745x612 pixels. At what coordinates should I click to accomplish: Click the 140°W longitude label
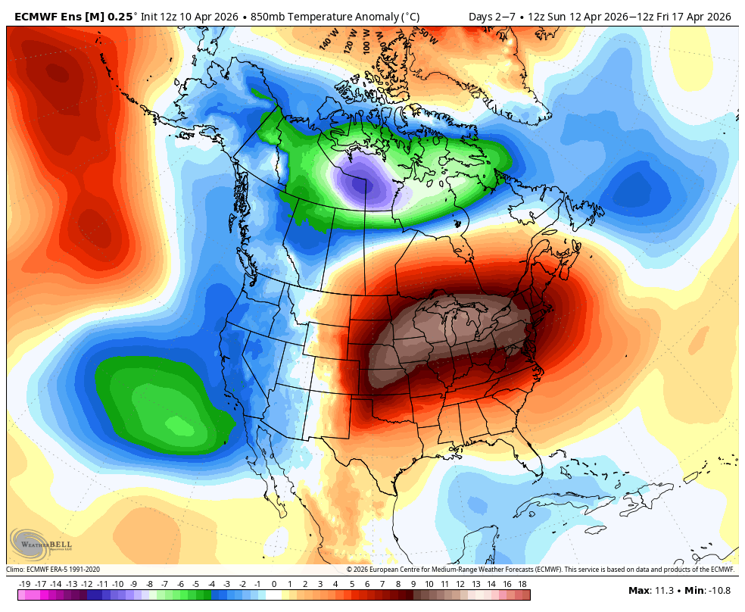tap(328, 40)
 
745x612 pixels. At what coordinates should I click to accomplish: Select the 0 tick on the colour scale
tap(273, 584)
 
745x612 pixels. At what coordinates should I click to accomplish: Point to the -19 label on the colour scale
tap(24, 584)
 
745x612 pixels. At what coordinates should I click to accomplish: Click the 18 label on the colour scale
tap(522, 584)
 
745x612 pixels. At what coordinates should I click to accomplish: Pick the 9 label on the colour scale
tap(413, 584)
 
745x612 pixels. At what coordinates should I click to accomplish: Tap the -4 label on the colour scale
tap(211, 584)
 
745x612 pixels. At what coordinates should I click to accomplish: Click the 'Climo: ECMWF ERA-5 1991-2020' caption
tap(53, 570)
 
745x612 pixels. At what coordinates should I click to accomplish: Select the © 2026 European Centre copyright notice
tap(540, 570)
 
